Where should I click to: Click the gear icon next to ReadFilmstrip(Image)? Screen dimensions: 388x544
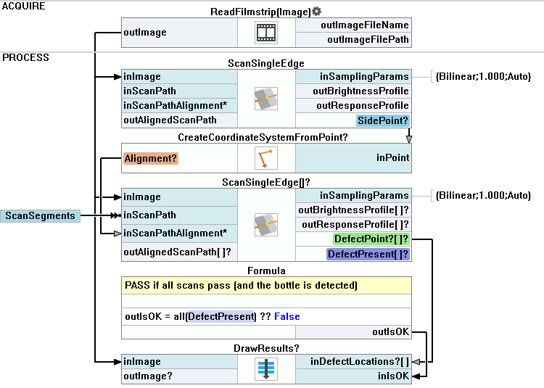click(x=317, y=12)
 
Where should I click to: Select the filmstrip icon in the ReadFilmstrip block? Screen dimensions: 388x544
click(x=266, y=33)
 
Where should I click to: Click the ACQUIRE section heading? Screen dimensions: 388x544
click(x=24, y=6)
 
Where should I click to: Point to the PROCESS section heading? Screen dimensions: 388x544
click(x=26, y=57)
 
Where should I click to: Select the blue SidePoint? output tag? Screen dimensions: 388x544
click(x=382, y=120)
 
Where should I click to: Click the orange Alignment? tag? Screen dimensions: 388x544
click(x=151, y=157)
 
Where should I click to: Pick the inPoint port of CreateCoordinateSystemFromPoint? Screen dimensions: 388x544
click(x=392, y=157)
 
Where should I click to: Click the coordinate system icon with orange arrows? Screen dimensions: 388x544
click(x=266, y=157)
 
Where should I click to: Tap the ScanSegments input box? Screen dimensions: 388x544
click(x=40, y=215)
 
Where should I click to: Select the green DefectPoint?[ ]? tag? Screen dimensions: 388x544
click(x=371, y=239)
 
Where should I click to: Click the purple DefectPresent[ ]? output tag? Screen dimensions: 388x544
click(x=367, y=255)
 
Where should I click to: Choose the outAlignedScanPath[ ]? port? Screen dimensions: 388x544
click(x=178, y=252)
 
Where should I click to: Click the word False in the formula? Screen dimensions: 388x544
click(x=287, y=317)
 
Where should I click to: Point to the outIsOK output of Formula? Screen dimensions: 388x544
click(x=390, y=332)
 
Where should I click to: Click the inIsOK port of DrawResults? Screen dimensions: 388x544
click(x=392, y=376)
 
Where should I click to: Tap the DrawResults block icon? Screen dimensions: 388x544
click(x=266, y=368)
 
